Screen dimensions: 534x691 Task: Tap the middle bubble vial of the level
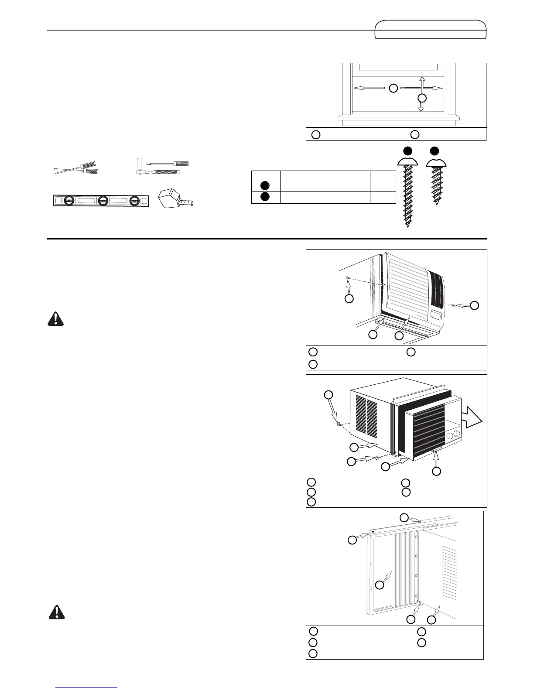pos(103,201)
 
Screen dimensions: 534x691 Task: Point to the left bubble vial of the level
pos(68,201)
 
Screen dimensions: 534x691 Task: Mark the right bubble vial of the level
pos(135,201)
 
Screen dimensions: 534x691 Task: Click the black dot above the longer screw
pos(407,151)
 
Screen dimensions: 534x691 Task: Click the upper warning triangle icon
pos(55,320)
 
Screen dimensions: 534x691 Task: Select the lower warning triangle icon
pos(55,612)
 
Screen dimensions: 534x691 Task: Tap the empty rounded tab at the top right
pos(431,29)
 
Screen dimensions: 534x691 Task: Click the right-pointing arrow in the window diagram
pos(421,88)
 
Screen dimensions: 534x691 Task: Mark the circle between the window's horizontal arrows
pos(393,88)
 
